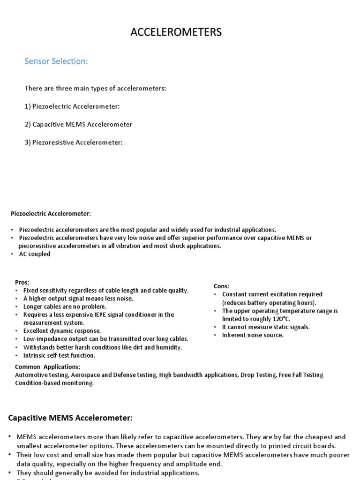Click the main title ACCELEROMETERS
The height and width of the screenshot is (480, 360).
pyautogui.click(x=176, y=32)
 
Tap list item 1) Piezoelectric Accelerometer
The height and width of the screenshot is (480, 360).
pyautogui.click(x=72, y=106)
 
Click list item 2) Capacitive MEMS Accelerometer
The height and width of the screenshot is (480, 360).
pyautogui.click(x=78, y=124)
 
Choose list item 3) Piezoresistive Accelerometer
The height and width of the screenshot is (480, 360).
pyautogui.click(x=73, y=142)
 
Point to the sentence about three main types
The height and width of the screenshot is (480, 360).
pyautogui.click(x=95, y=88)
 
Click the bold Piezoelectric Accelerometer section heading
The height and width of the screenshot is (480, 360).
pyautogui.click(x=51, y=213)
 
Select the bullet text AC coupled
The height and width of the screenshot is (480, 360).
pyautogui.click(x=35, y=254)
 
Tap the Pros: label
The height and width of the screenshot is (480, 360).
pyautogui.click(x=22, y=282)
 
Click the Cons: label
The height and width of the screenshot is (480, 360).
pyautogui.click(x=221, y=286)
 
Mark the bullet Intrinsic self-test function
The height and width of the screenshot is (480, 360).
pyautogui.click(x=59, y=355)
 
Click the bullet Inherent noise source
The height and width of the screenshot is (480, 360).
pyautogui.click(x=253, y=335)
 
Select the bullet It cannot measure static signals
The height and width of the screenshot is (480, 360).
pyautogui.click(x=266, y=327)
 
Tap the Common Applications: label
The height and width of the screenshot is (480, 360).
pyautogui.click(x=47, y=367)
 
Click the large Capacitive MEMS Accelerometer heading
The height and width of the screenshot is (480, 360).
pyautogui.click(x=70, y=417)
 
